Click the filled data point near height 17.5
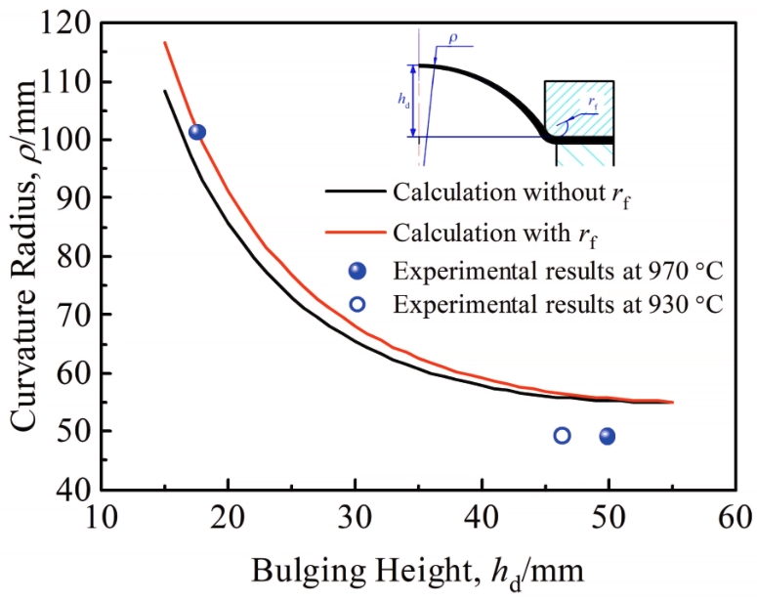point(197,132)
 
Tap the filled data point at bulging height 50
point(608,436)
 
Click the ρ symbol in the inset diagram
point(452,39)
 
